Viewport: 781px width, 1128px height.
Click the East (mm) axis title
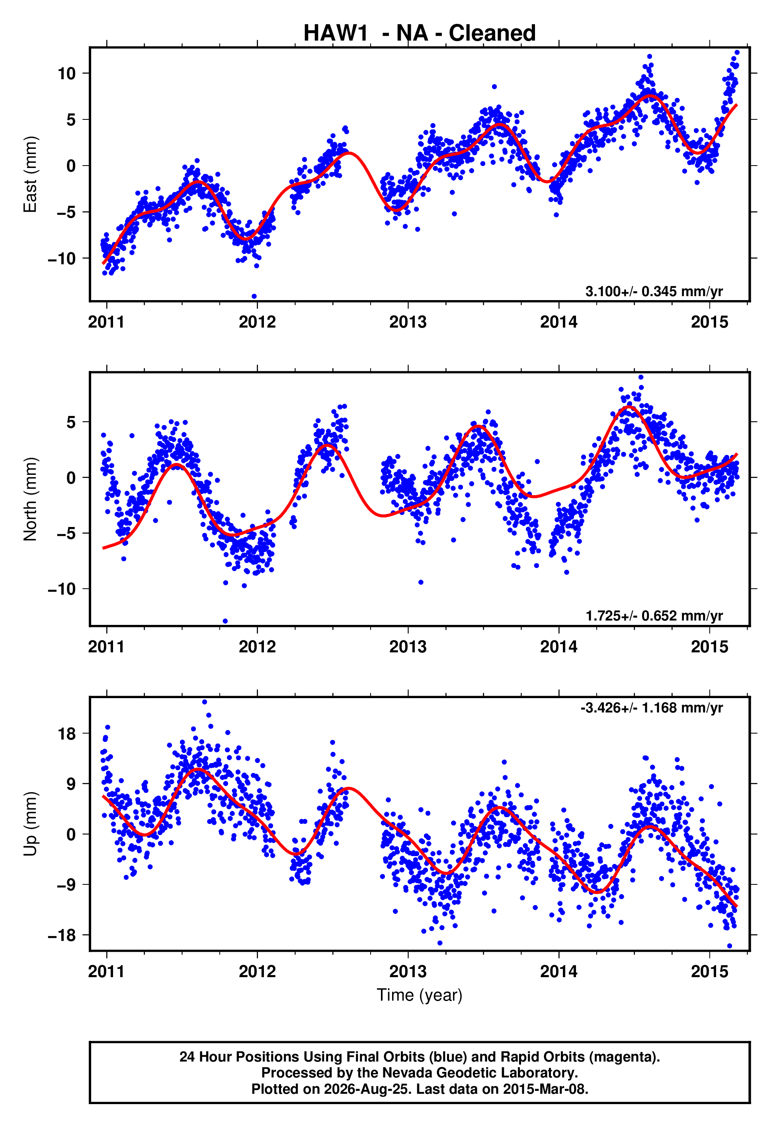tap(30, 174)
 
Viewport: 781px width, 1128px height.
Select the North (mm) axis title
tap(30, 499)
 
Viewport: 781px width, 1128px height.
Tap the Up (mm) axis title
tap(30, 824)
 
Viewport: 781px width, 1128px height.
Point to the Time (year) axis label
tap(420, 995)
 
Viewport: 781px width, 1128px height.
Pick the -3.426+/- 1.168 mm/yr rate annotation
tap(651, 708)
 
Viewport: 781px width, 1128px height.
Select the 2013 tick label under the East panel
tap(408, 322)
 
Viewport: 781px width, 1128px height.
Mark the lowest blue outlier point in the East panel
tap(254, 297)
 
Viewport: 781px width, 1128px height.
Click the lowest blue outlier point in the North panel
tap(225, 621)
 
